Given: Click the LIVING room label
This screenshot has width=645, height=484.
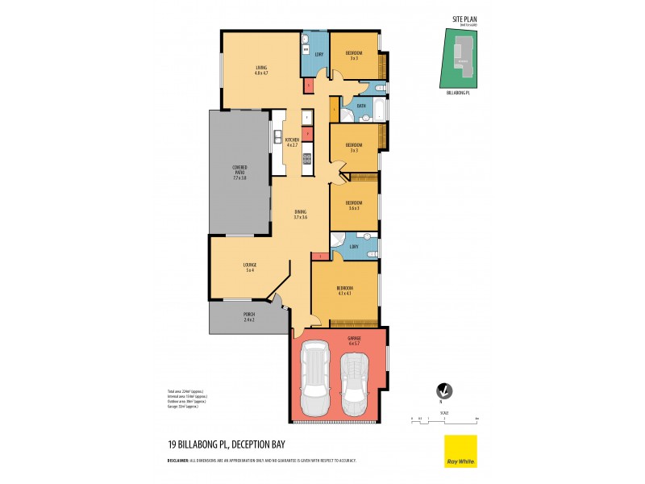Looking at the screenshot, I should [260, 67].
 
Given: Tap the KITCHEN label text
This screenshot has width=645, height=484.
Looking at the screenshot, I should [293, 140].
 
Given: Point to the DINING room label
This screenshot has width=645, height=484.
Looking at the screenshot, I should [300, 212].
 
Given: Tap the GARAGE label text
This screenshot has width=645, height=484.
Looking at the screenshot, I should [355, 337].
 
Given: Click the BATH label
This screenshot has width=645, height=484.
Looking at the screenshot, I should [361, 106].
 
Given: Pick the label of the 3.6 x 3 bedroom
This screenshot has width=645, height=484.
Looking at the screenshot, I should [354, 202].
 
